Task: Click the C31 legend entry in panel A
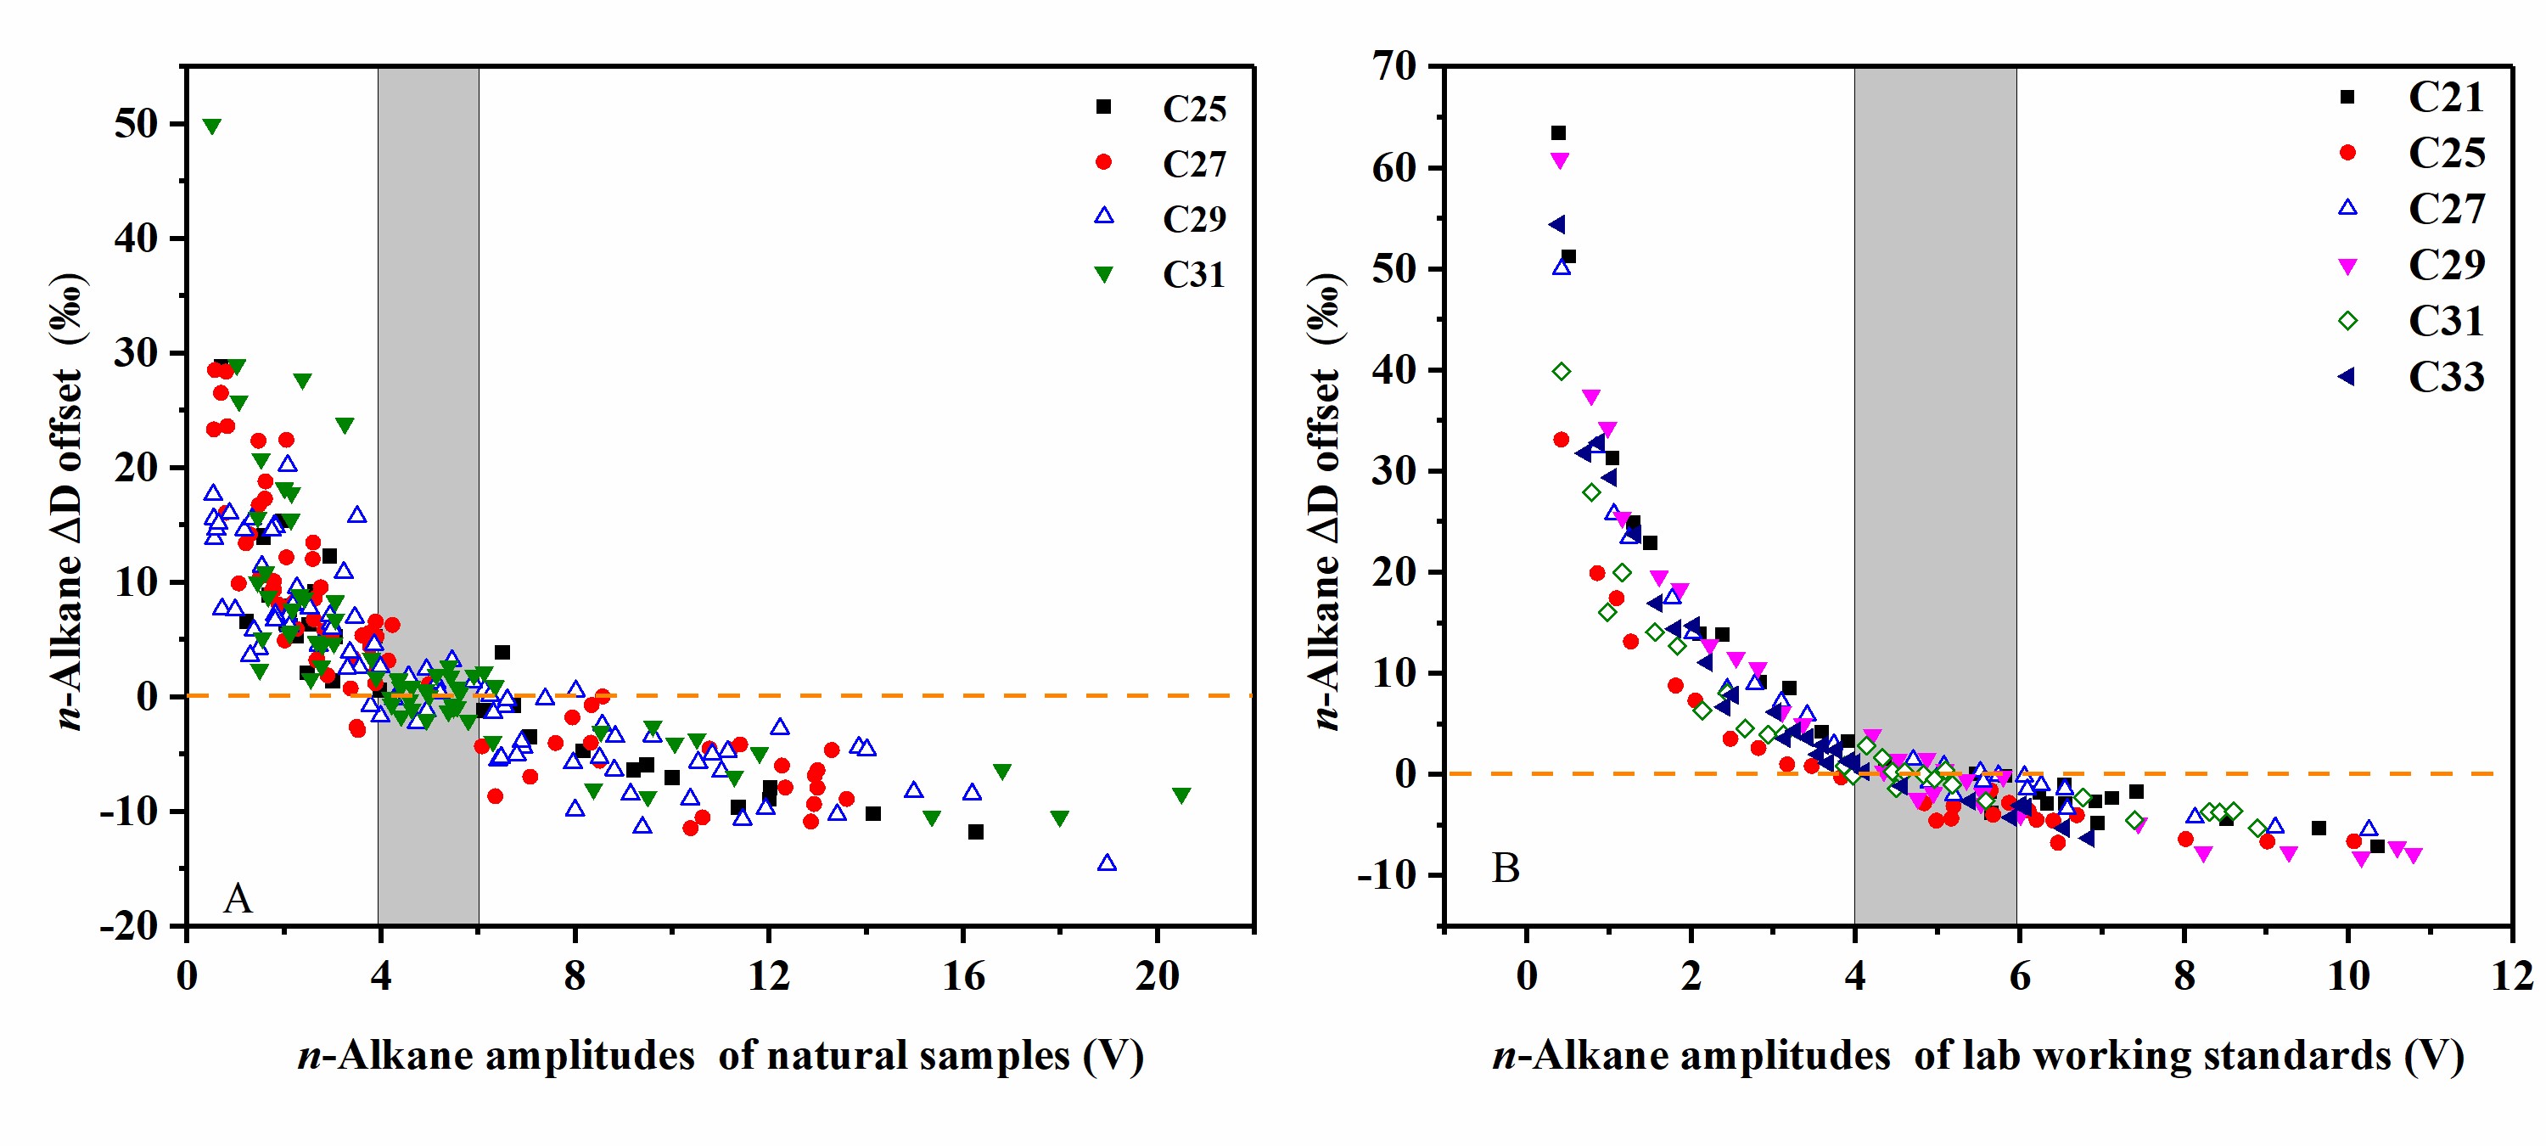(x=1193, y=275)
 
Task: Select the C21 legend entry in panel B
(x=2445, y=97)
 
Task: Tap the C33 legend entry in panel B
(x=2445, y=377)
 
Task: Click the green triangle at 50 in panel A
(x=211, y=126)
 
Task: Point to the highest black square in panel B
(x=1559, y=132)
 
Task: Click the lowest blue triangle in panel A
(x=1107, y=863)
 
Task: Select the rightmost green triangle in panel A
(x=1181, y=795)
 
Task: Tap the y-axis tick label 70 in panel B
(x=1394, y=66)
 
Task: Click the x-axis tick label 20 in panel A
(x=1157, y=976)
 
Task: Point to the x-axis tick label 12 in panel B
(x=2510, y=976)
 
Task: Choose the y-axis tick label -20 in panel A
(x=128, y=925)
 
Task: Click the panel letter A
(x=238, y=899)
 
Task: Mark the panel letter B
(x=1506, y=868)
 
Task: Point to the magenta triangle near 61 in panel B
(x=1560, y=160)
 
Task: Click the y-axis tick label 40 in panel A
(x=136, y=239)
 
